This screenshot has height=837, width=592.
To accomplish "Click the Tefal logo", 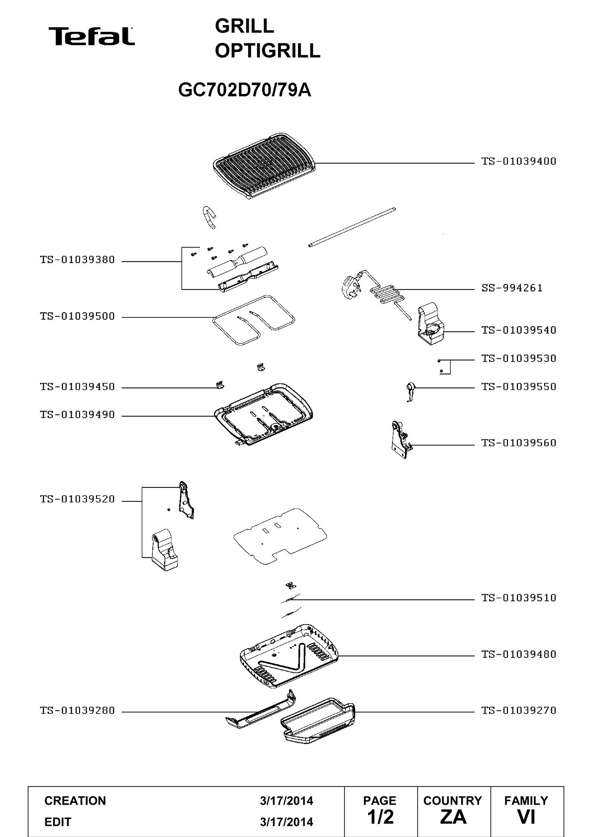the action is point(92,36).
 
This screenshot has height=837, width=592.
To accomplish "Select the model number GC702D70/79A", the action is point(244,90).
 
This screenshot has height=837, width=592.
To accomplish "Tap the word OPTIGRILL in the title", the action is point(268,51).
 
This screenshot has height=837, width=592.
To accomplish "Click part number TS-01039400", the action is point(519,162).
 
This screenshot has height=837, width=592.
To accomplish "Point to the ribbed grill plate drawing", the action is point(264,166).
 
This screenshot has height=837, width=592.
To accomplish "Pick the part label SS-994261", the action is point(511,288).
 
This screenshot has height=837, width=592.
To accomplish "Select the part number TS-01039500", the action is point(78,316).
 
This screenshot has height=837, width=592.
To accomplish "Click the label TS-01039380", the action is point(78,260).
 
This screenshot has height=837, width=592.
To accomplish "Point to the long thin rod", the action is point(352,227).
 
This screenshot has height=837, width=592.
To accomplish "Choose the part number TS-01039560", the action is point(519,443).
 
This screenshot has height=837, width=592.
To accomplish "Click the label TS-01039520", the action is point(78,499).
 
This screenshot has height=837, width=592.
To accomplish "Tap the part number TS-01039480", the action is point(519,654).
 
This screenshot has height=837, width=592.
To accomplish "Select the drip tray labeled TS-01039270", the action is point(318,721).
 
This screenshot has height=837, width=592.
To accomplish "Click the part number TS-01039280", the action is point(78,710).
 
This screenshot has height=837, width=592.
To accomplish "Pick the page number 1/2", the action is point(381,817).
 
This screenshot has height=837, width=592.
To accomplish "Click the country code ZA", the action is point(453,817).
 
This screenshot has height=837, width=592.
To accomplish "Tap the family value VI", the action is point(526,817).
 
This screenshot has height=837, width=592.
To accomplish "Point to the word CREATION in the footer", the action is point(75,801).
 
